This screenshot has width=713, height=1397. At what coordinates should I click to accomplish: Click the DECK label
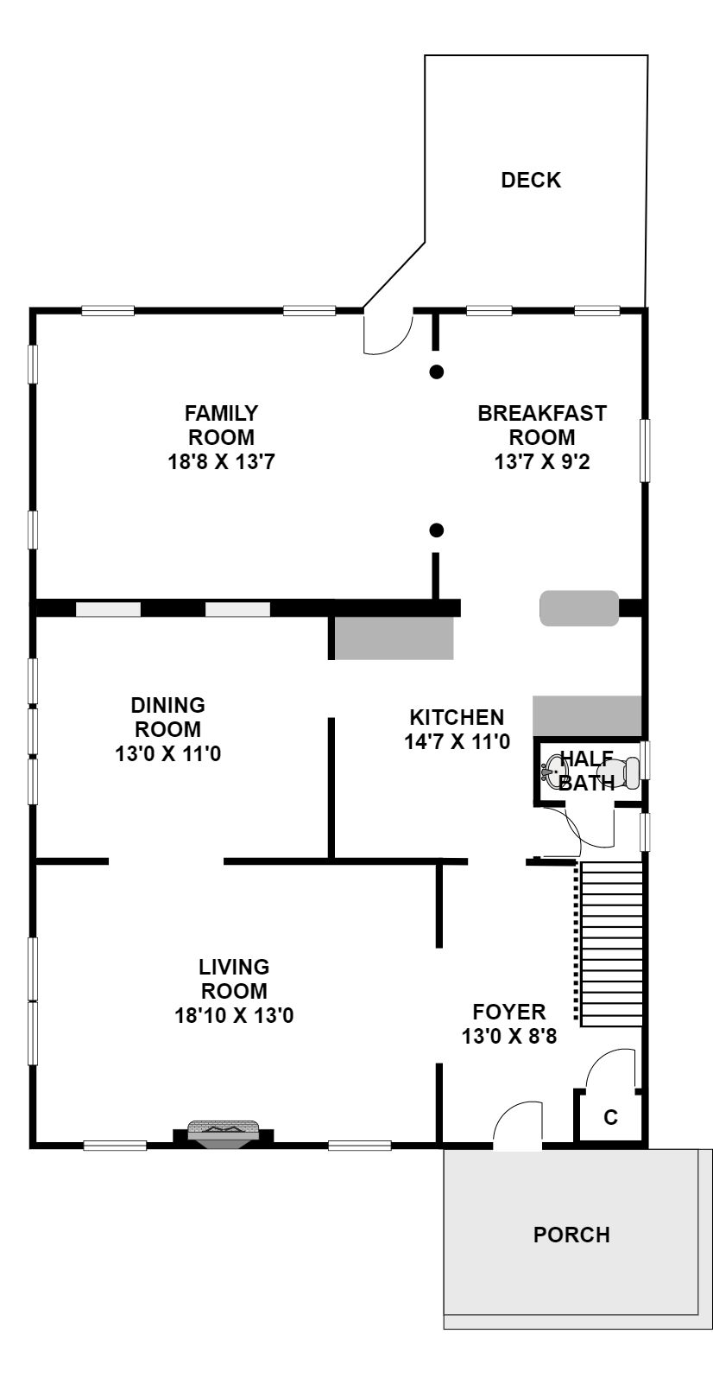coord(531,181)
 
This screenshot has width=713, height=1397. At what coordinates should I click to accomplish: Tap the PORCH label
coord(571,1235)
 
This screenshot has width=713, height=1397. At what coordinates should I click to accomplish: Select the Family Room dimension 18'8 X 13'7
coord(221,462)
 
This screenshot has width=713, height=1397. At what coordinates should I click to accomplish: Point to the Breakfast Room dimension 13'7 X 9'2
coord(542,462)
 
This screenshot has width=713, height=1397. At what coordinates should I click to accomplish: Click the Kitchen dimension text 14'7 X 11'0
coord(457,741)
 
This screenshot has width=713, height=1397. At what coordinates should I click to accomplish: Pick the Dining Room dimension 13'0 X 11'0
coord(167,753)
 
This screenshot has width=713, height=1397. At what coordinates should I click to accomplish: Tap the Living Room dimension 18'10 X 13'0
coord(234,1015)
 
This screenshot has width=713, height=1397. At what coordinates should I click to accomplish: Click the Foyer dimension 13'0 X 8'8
coord(509,1036)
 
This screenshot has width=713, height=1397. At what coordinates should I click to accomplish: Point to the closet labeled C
coord(611,1116)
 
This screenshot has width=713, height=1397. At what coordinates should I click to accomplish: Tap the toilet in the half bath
coord(620,772)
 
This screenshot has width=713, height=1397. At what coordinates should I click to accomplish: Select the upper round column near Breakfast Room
coord(436,371)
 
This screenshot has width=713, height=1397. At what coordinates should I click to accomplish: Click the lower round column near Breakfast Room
coord(436,530)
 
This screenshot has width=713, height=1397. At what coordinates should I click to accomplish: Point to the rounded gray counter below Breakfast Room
coord(579,608)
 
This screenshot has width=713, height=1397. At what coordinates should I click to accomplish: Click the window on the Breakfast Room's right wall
coord(645,450)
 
